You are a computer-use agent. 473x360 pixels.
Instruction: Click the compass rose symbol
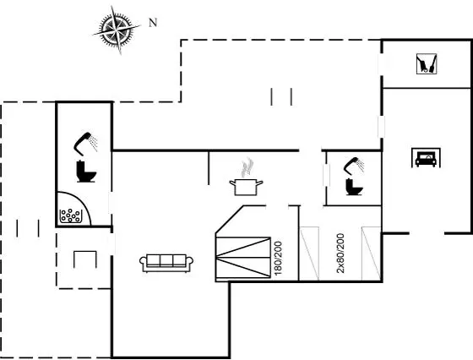[x=117, y=30]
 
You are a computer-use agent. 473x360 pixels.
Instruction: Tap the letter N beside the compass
[x=153, y=22]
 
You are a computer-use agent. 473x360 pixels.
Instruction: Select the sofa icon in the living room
[x=166, y=263]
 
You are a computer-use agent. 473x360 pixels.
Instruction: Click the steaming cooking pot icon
[x=246, y=177]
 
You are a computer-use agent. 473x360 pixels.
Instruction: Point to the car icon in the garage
[x=426, y=157]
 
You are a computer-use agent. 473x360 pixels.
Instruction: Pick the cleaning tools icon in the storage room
[x=427, y=63]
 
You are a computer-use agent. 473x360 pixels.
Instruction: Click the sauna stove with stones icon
[x=71, y=215]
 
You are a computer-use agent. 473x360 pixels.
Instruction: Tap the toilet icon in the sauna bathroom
[x=85, y=172]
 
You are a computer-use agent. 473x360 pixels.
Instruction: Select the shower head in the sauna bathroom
[x=86, y=143]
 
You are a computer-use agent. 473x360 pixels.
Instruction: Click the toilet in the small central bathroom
[x=354, y=187]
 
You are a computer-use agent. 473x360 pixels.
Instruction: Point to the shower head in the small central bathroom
[x=354, y=166]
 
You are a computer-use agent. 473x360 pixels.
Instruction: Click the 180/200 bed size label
[x=278, y=258]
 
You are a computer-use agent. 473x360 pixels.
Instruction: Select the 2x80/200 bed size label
[x=340, y=253]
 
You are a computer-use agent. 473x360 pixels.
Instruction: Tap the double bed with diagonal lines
[x=243, y=258]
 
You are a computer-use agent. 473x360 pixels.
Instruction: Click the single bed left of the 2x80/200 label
[x=309, y=254]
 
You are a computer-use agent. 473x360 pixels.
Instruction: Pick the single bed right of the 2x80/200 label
[x=372, y=254]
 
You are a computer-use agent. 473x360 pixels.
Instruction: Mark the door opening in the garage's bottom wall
[x=427, y=233]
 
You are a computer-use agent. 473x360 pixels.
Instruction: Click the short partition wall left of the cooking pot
[x=209, y=168]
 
